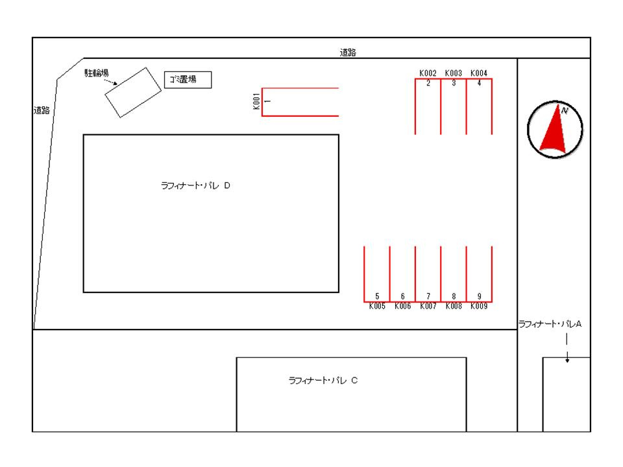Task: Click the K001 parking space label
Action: (x=256, y=101)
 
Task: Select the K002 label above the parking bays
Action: (x=428, y=73)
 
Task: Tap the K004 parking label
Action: (x=479, y=73)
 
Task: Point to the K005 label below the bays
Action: (x=377, y=306)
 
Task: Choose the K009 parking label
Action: (x=479, y=306)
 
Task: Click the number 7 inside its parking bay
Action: (x=428, y=296)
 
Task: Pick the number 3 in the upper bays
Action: (x=454, y=83)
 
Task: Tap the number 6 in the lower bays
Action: (x=402, y=296)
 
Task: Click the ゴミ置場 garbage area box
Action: (x=188, y=80)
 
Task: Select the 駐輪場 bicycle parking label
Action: (x=97, y=73)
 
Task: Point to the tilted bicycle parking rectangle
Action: (x=133, y=93)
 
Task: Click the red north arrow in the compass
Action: (x=553, y=128)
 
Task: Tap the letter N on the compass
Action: (x=565, y=111)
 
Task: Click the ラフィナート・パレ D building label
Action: (x=195, y=186)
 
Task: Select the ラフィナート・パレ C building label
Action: (x=323, y=381)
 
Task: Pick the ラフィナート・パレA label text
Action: (x=550, y=324)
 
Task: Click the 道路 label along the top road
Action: (x=348, y=53)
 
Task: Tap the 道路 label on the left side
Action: (x=42, y=110)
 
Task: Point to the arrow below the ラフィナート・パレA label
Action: (x=567, y=348)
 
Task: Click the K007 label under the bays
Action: (x=428, y=306)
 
